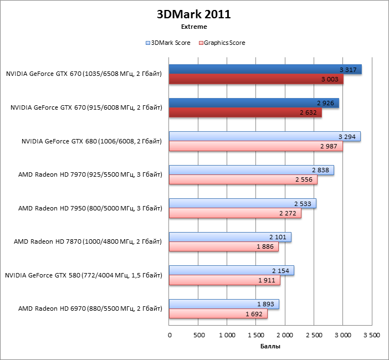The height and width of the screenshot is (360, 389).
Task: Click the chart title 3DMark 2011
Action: [x=194, y=14]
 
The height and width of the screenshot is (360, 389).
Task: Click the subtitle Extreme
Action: [x=194, y=27]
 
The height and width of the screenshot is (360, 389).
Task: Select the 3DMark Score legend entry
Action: [x=168, y=43]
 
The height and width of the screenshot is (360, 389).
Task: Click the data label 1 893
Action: [x=266, y=304]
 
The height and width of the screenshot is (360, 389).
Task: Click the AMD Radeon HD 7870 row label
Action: [x=88, y=241]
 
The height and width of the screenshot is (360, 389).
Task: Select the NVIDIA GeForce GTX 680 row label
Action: [x=91, y=141]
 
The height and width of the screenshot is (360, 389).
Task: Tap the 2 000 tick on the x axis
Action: [x=285, y=335]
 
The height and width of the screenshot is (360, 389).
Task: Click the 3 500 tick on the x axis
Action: [x=372, y=335]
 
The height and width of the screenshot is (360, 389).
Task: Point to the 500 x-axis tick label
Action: [x=198, y=335]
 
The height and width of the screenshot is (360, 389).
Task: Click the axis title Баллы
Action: [x=270, y=347]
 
